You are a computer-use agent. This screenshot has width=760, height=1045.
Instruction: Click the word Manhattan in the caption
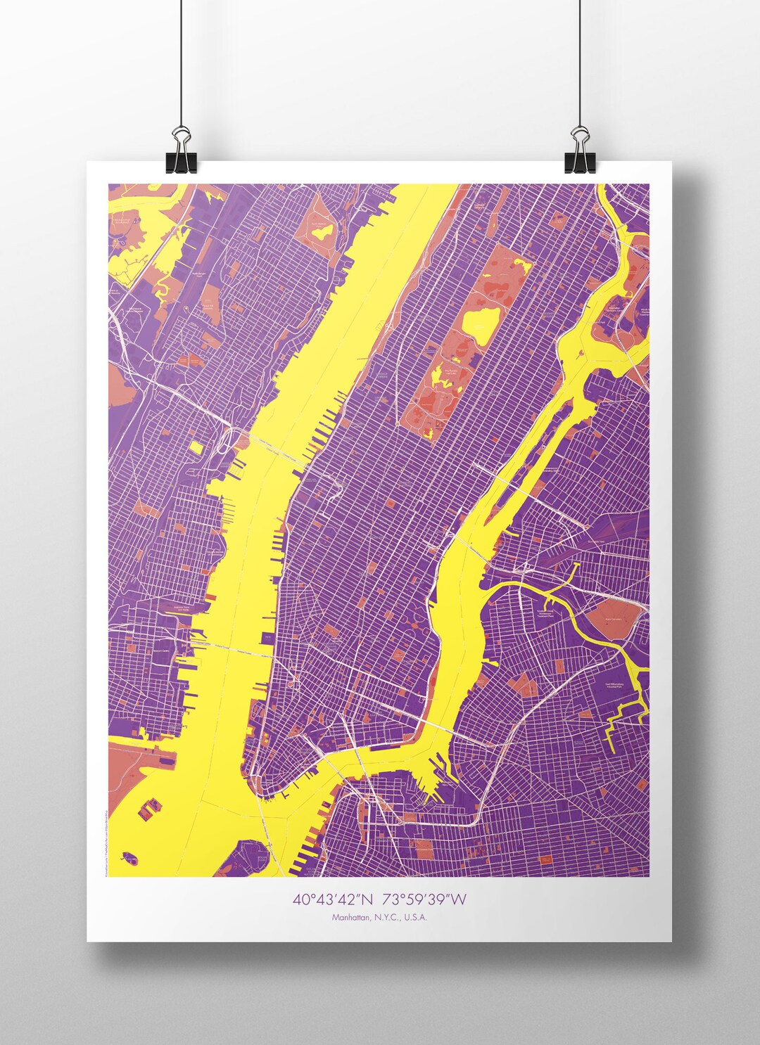coord(350,917)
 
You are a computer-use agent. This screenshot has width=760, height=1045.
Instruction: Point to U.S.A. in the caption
coord(414,917)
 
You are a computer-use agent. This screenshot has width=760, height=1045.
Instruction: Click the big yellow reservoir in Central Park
coord(481,326)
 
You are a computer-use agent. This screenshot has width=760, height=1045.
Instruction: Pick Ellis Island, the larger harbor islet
coord(149,809)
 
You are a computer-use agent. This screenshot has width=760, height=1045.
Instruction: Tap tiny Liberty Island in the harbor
coord(129,857)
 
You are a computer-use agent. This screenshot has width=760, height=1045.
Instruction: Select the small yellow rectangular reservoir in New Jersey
coord(196,447)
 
